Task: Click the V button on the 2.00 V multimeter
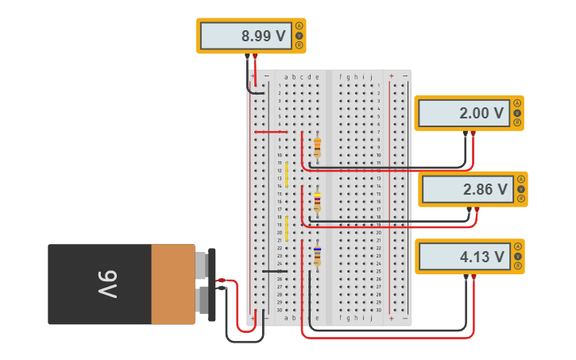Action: (x=516, y=113)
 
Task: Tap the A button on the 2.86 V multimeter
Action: (x=520, y=180)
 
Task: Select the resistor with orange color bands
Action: (x=317, y=147)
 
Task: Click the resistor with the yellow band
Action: (x=317, y=202)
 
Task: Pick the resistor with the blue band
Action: (x=317, y=256)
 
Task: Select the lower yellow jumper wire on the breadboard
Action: (x=287, y=228)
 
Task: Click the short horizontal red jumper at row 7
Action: (x=270, y=132)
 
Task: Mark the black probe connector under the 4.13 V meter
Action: (x=466, y=277)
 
